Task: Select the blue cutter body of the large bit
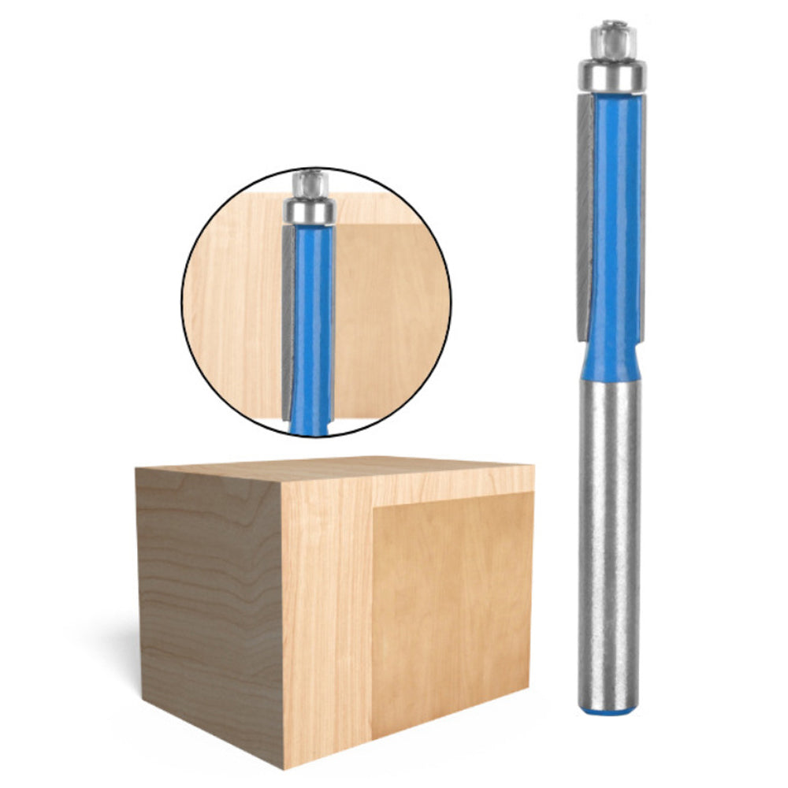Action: pos(615,221)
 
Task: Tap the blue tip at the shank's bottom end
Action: pos(609,708)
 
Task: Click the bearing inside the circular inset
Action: pos(309,210)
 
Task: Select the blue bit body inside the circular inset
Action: pos(313,315)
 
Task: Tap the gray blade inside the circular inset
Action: pos(288,315)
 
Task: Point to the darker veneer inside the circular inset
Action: pos(386,315)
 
